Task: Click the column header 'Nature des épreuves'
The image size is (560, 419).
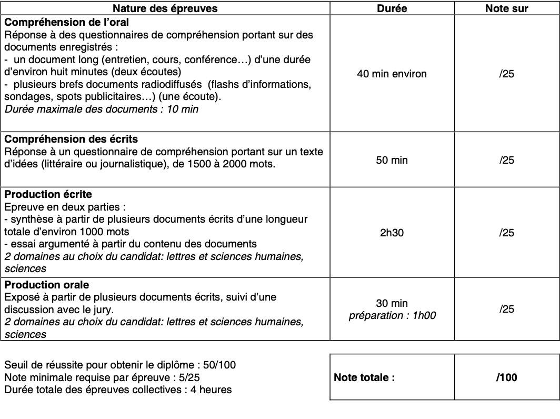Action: click(x=165, y=8)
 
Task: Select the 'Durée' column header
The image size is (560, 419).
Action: click(x=392, y=8)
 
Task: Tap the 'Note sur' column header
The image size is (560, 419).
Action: click(x=506, y=8)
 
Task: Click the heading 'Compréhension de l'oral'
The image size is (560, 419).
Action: click(x=67, y=23)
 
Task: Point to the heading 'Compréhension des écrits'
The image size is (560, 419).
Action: click(x=71, y=139)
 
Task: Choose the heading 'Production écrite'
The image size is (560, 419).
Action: click(x=48, y=194)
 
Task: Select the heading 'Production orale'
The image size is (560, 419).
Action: click(x=47, y=285)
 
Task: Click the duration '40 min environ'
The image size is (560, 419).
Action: click(x=392, y=74)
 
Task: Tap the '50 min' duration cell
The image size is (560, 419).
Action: click(x=392, y=160)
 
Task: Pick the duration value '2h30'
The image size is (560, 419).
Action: click(x=392, y=233)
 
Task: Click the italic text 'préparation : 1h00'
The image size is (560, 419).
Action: click(x=392, y=316)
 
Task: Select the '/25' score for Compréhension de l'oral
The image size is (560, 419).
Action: click(x=506, y=74)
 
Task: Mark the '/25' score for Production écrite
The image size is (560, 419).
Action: click(x=506, y=233)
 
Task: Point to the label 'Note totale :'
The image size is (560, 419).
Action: click(x=364, y=377)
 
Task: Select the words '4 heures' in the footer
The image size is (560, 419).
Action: click(x=211, y=390)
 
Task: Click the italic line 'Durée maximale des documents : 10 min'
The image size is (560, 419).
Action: click(x=102, y=109)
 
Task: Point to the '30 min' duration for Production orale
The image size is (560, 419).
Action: click(x=392, y=303)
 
